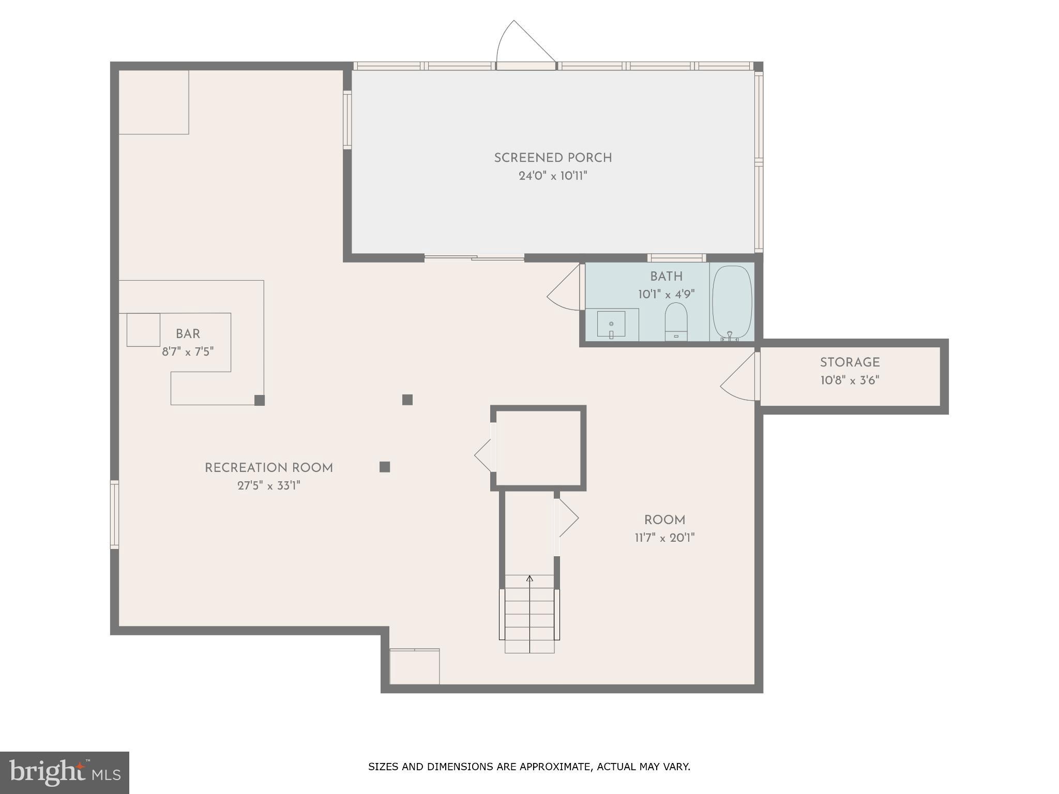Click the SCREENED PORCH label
pos(553,158)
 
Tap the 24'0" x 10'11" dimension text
pos(553,176)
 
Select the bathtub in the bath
pos(732,302)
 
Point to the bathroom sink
pos(611,324)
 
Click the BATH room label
pos(666,277)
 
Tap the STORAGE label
pos(850,362)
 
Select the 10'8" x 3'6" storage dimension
pos(850,380)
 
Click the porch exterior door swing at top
pos(522,44)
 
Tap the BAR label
pos(188,334)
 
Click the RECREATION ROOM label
pos(268,468)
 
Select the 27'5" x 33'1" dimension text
pos(268,486)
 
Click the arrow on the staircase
pos(529,579)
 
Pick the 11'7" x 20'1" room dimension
pos(664,538)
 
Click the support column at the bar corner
pos(260,400)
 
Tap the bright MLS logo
pos(64,773)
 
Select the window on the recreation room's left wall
pos(114,514)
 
